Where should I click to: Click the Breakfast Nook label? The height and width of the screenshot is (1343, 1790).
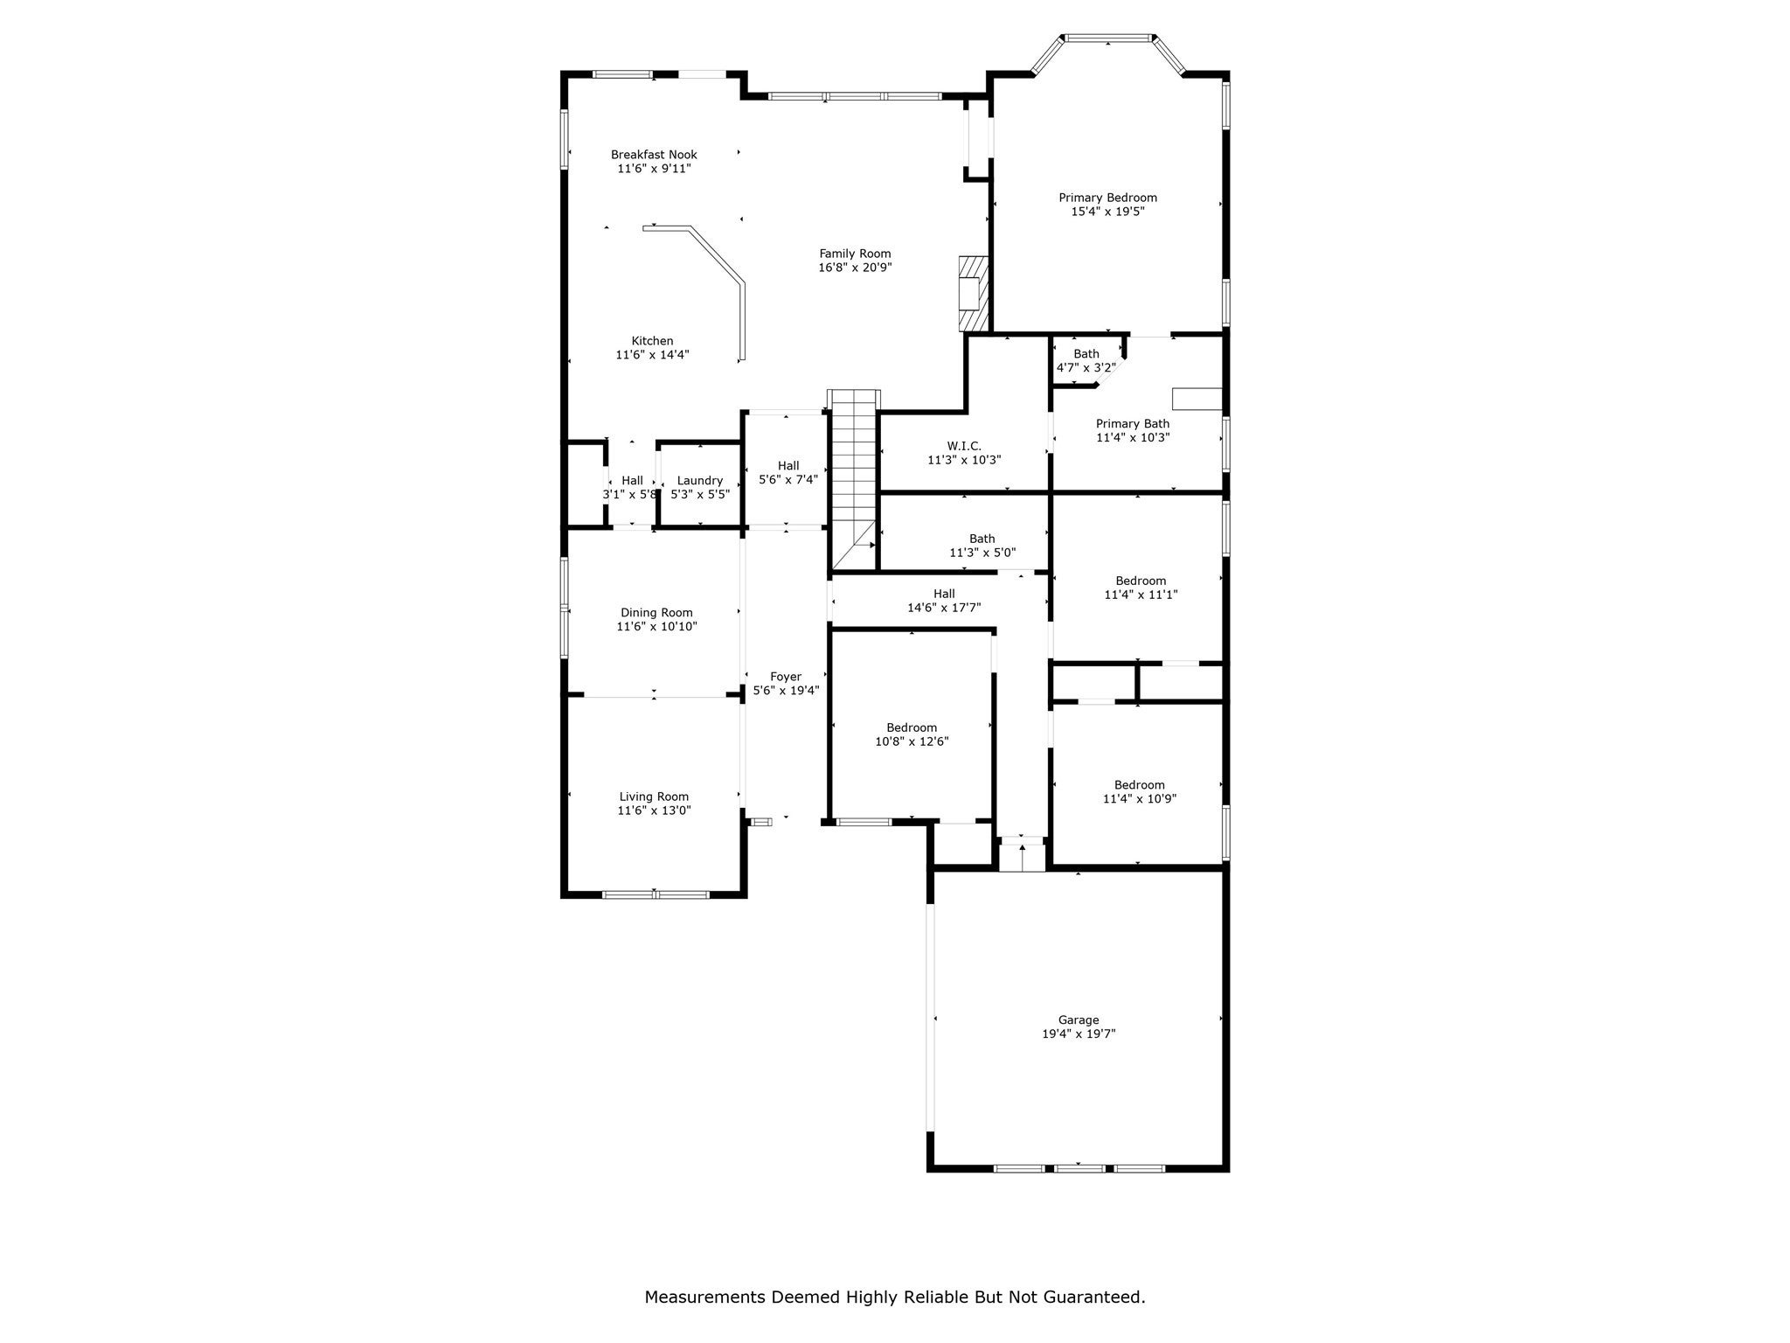[654, 155]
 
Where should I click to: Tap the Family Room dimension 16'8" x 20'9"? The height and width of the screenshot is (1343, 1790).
[855, 268]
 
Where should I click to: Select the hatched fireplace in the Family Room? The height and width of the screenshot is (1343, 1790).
[973, 294]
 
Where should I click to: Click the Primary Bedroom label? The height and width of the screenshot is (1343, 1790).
[1107, 198]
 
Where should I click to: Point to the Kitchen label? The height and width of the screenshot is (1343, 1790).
[652, 341]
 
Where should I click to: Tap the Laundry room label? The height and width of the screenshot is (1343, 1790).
[699, 480]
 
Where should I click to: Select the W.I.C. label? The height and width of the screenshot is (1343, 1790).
[963, 446]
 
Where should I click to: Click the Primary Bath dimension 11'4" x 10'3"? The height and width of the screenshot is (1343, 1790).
[1133, 437]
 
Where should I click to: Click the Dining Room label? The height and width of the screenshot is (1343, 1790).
[656, 613]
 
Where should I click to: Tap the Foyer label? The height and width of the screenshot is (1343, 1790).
[785, 677]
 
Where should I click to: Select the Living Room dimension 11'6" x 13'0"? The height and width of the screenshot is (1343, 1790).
[654, 811]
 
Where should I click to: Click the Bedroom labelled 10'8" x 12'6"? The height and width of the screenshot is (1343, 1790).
[912, 727]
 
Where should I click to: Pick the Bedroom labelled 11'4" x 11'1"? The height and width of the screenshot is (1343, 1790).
[1141, 581]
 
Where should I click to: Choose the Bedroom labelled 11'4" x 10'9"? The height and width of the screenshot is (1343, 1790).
[1139, 785]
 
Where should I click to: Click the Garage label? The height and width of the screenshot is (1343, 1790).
[1078, 1019]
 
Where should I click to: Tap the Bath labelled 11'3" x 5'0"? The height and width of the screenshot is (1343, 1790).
[982, 539]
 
